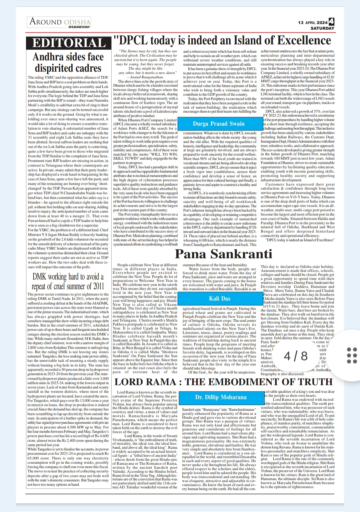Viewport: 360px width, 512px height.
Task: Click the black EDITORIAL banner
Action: click(69, 43)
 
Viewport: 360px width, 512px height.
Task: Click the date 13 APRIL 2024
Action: click(313, 23)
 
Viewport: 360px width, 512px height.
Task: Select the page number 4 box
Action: click(331, 22)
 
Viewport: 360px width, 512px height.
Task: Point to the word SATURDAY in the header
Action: click(322, 28)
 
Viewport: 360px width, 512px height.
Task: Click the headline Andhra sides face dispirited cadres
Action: click(68, 62)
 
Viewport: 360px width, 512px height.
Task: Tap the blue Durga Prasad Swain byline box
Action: click(218, 124)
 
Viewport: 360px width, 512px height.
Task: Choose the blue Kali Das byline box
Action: click(220, 298)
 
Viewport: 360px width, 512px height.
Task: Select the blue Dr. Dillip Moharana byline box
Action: click(221, 397)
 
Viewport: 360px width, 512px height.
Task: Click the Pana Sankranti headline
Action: click(223, 254)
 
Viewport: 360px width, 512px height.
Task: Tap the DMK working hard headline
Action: click(68, 281)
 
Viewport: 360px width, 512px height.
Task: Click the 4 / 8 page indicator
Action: click(296, 356)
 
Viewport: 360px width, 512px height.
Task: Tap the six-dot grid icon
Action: click(352, 355)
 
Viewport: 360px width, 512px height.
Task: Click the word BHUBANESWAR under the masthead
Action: click(79, 27)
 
